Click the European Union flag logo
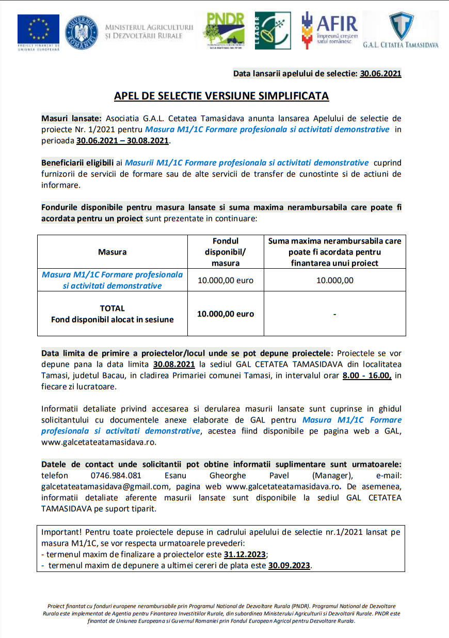click(38, 30)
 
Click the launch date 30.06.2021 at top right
click(380, 74)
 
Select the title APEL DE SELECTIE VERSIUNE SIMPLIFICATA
click(221, 96)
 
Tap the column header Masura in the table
click(112, 252)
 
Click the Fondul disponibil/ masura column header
click(226, 252)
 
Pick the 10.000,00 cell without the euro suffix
click(334, 281)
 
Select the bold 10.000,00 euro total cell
click(226, 314)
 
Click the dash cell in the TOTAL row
click(334, 314)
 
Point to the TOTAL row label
click(112, 308)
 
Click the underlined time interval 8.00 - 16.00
click(366, 375)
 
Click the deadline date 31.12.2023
click(245, 554)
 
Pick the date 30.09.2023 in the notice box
click(289, 565)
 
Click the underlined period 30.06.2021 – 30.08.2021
click(122, 140)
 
